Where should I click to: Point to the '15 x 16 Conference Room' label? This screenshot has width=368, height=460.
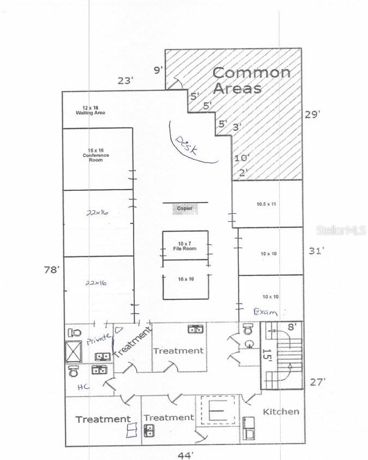96,155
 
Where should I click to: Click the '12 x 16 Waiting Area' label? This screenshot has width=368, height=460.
90,110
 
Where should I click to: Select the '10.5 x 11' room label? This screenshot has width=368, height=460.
267,204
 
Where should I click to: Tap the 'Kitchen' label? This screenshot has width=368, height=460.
281,411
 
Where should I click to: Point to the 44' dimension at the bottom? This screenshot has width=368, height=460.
185,455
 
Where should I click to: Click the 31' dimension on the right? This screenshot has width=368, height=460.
316,251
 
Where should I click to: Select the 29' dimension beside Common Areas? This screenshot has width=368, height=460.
312,114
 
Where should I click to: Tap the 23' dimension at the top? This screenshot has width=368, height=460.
125,81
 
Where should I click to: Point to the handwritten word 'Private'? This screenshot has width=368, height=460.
98,341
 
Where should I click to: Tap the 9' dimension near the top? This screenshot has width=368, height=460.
159,70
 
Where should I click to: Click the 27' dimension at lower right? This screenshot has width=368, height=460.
318,382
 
